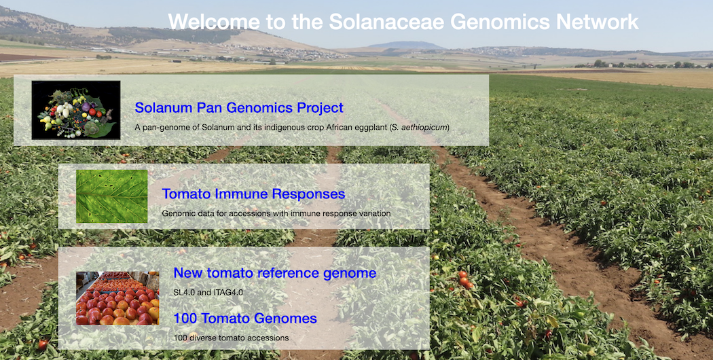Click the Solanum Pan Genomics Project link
[x=239, y=108]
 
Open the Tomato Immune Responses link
[x=253, y=194]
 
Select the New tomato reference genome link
[x=274, y=273]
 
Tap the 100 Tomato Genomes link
[x=245, y=319]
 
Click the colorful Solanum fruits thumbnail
[x=76, y=109]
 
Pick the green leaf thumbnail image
[x=112, y=196]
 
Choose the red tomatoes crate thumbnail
[x=117, y=298]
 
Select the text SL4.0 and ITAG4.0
[x=208, y=292]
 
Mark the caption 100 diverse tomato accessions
[x=231, y=338]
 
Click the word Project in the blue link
[x=320, y=108]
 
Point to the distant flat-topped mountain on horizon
[x=406, y=45]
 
